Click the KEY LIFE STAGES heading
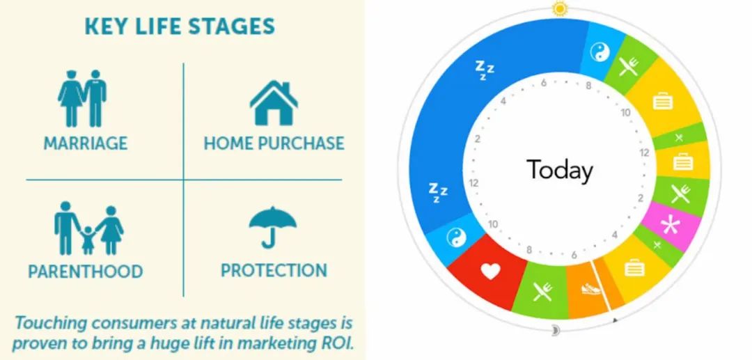180,26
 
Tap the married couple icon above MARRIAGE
82,97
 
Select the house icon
274,102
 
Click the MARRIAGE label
86,143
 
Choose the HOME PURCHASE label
274,143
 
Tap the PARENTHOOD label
86,272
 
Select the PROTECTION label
274,270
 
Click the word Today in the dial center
560,170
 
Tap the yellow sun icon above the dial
559,8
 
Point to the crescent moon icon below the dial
556,330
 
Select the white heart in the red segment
490,272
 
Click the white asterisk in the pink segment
670,225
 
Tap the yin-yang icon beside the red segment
456,237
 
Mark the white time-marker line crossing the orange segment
602,285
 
